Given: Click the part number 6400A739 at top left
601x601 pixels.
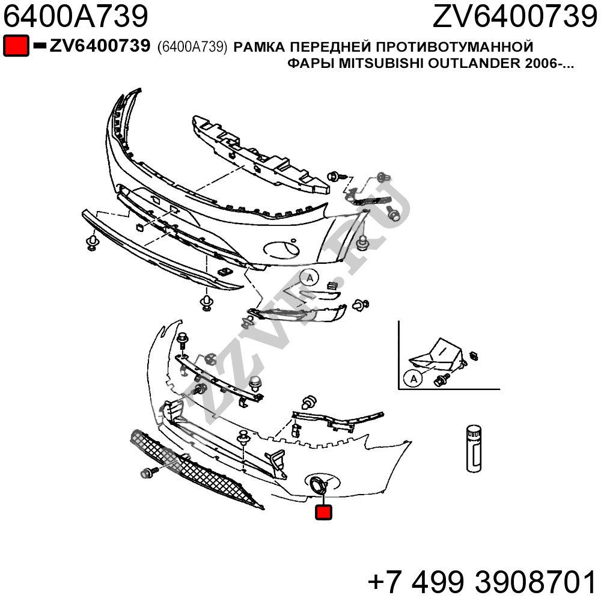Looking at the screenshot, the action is click(x=76, y=16).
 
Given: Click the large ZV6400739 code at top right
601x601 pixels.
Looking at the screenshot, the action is click(x=515, y=16).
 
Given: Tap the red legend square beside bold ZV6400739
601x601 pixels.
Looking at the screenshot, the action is click(x=16, y=46).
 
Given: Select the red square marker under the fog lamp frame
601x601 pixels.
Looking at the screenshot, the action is click(x=323, y=512).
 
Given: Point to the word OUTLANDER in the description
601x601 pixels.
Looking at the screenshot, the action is click(x=474, y=63).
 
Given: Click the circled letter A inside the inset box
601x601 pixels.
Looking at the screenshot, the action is click(x=413, y=379).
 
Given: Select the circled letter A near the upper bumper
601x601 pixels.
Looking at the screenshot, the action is click(x=310, y=278).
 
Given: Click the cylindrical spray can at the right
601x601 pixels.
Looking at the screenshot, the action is click(x=474, y=448).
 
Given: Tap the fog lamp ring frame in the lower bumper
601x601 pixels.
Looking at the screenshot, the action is click(x=319, y=484).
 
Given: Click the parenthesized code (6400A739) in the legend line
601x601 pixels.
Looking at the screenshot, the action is click(x=192, y=47).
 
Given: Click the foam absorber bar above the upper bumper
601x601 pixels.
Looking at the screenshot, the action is click(x=261, y=153).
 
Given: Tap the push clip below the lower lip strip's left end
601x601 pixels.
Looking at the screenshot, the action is click(x=92, y=243).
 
